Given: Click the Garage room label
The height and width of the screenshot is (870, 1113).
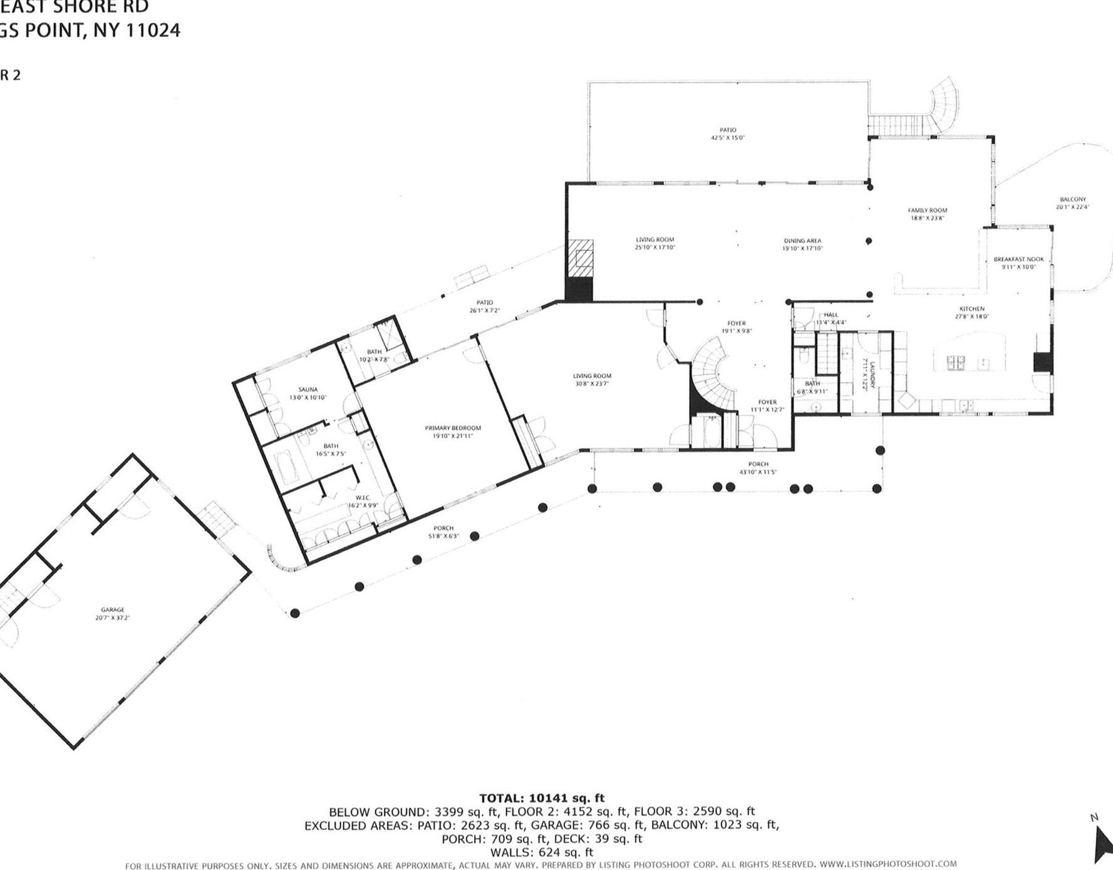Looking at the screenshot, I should pos(113,609).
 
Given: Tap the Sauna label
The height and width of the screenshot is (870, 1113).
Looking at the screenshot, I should pos(308,390).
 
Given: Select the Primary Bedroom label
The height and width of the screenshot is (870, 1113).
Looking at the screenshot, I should pos(453,428).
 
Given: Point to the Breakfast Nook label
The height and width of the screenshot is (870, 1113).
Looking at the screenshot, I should pos(1018,259).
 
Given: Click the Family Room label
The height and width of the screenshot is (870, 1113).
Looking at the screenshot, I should pos(928,210).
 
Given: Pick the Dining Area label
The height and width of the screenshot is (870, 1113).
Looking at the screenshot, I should pos(802,241).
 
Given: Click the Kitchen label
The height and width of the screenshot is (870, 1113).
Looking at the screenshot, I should pos(971,309).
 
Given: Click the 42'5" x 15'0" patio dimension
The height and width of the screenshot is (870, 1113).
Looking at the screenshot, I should pos(728,138).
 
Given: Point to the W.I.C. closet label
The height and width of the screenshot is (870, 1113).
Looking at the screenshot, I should pos(363,498).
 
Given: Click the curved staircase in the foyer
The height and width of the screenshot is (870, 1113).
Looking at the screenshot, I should pos(711,376).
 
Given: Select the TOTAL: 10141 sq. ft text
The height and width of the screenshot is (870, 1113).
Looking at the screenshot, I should pos(542,798).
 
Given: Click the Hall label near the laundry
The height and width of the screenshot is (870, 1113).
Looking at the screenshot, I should pos(831,315).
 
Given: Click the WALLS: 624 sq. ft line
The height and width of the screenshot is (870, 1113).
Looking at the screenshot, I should pos(542,852).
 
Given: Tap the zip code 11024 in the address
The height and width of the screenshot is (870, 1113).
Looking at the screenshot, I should pos(153,30).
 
